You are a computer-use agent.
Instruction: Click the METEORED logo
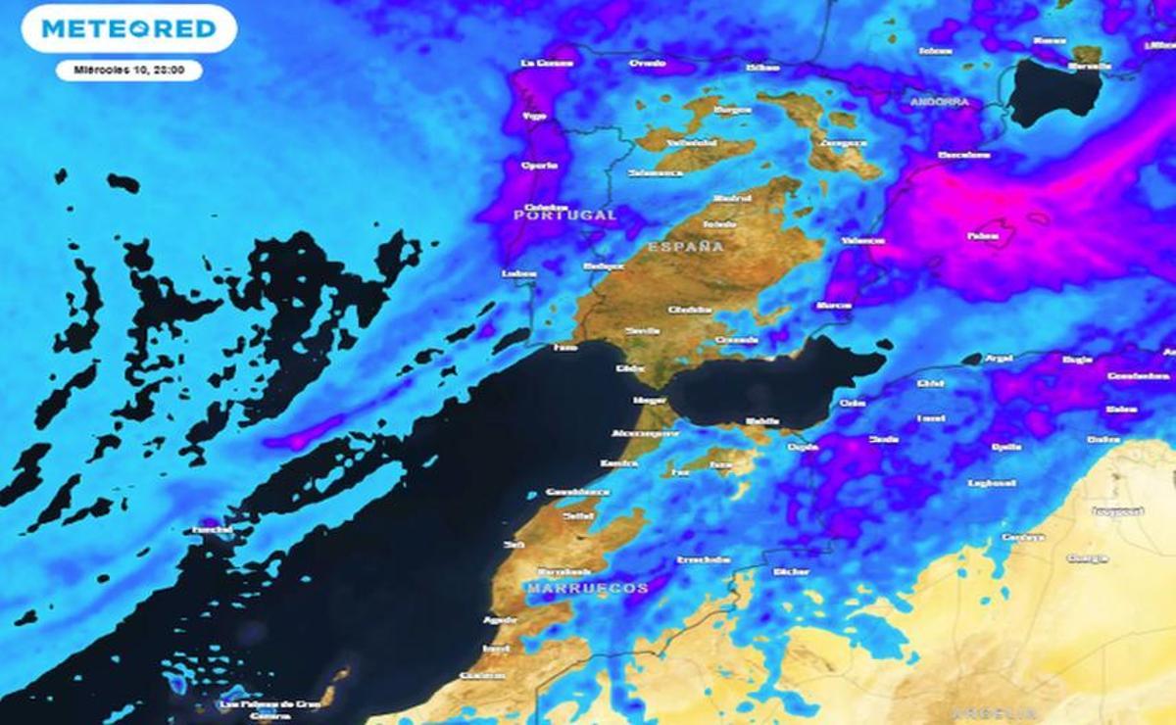click(127, 29)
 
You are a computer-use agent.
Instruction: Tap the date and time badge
click(128, 71)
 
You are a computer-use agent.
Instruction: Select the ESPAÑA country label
click(685, 246)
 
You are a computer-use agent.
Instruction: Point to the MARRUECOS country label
click(587, 588)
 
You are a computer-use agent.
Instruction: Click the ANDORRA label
click(939, 102)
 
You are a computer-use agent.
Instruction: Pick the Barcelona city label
click(964, 155)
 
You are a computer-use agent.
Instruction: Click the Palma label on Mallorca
click(983, 235)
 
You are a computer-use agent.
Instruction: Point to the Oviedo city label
click(647, 64)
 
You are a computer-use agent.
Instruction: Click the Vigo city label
click(534, 116)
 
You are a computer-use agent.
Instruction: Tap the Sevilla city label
click(642, 331)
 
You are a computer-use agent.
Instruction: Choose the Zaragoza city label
click(842, 143)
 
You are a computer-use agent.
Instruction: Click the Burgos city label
click(732, 110)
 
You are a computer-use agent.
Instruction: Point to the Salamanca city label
click(656, 172)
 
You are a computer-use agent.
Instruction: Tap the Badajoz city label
click(603, 266)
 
